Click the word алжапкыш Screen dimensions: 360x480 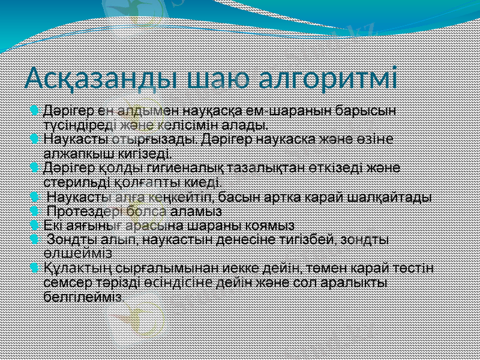73,154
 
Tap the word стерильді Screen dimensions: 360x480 73,181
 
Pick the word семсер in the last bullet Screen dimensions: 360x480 65,281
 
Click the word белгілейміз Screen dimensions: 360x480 83,295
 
